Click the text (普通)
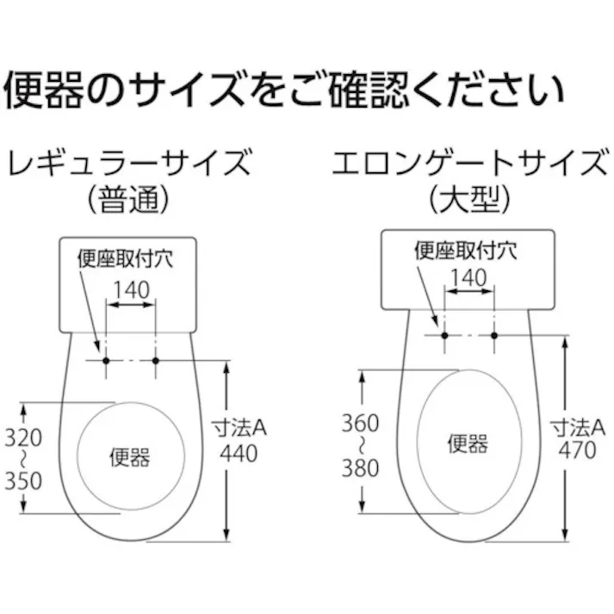129,201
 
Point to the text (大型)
469,201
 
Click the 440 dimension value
239,453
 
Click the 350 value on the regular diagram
23,481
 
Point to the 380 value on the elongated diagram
359,468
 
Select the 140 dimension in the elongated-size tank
469,278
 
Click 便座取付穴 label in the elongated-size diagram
464,251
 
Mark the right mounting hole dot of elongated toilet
494,334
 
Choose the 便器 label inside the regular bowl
130,456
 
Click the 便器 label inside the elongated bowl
468,443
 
